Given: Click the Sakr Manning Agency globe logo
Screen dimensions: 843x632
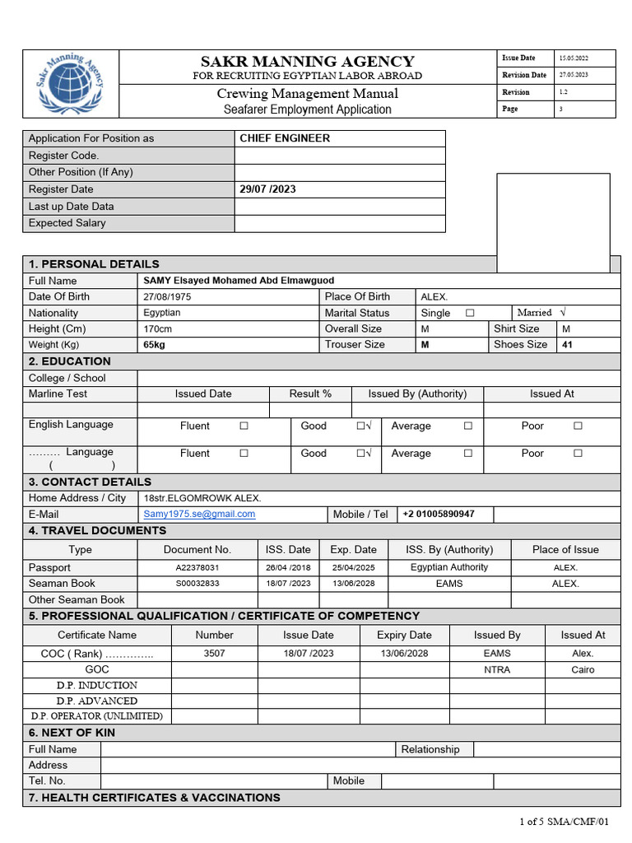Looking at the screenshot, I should (71, 84).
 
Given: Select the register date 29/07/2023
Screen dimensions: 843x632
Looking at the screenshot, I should (267, 189).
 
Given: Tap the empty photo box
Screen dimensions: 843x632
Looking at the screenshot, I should (553, 222).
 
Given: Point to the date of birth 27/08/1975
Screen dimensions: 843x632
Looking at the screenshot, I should (167, 296).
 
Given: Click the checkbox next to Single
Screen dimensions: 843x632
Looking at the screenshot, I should (470, 313).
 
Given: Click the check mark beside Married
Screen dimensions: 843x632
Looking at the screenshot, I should (563, 313).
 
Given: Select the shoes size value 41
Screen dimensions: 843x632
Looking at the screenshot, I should (567, 345).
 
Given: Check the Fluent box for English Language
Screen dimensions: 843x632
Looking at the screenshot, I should (244, 426).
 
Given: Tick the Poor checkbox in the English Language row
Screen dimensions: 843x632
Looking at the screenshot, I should (578, 426).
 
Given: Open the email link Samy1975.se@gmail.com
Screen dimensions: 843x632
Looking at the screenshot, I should (199, 515).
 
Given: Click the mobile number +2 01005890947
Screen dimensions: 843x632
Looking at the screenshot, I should (439, 515).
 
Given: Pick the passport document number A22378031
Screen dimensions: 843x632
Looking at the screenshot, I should (197, 568).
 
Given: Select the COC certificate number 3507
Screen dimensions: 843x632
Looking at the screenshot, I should (214, 654).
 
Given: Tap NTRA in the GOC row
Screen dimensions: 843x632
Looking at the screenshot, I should (497, 670).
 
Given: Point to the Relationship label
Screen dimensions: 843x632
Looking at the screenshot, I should (430, 749).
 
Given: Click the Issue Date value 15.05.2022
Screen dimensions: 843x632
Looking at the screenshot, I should (574, 58).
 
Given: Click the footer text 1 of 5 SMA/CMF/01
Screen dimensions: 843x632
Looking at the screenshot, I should (564, 822).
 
